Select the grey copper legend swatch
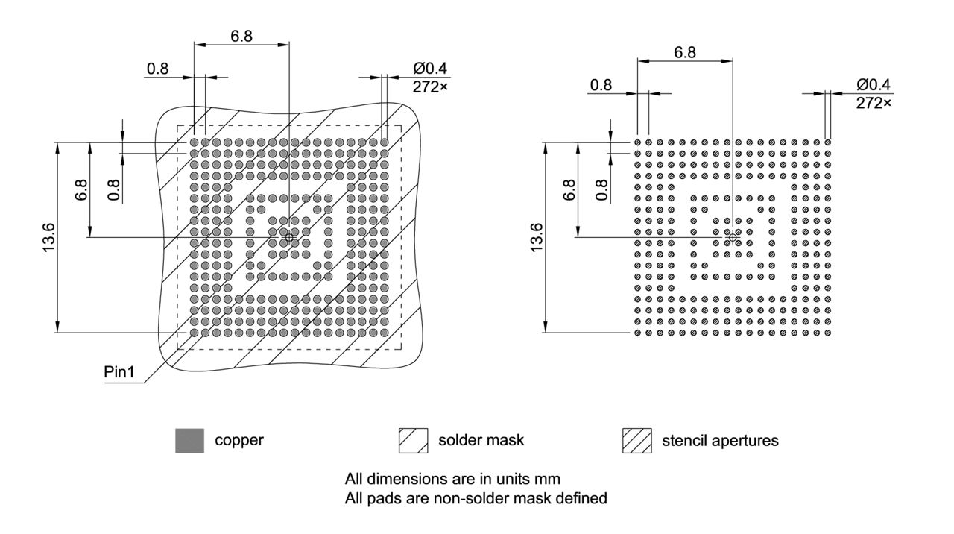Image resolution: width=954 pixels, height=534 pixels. click(189, 441)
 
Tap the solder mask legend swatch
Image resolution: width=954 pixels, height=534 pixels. click(414, 441)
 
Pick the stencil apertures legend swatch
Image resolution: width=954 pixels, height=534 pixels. click(636, 441)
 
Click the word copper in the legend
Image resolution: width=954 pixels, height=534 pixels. click(238, 440)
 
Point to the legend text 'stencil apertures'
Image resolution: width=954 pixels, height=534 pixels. click(719, 441)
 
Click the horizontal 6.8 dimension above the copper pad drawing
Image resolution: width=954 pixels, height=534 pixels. click(241, 36)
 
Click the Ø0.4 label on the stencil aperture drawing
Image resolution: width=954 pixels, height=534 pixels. click(873, 84)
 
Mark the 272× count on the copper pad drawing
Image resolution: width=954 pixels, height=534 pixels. click(431, 87)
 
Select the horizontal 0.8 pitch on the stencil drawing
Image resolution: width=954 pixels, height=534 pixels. click(601, 85)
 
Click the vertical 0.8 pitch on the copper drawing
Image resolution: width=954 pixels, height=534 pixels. click(113, 189)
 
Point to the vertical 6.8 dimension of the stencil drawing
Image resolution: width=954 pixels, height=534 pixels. click(569, 189)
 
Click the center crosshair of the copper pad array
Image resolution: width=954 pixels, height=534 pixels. click(289, 237)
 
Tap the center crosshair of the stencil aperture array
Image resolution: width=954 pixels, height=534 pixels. click(733, 237)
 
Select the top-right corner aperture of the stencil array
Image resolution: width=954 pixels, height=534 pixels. click(827, 142)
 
